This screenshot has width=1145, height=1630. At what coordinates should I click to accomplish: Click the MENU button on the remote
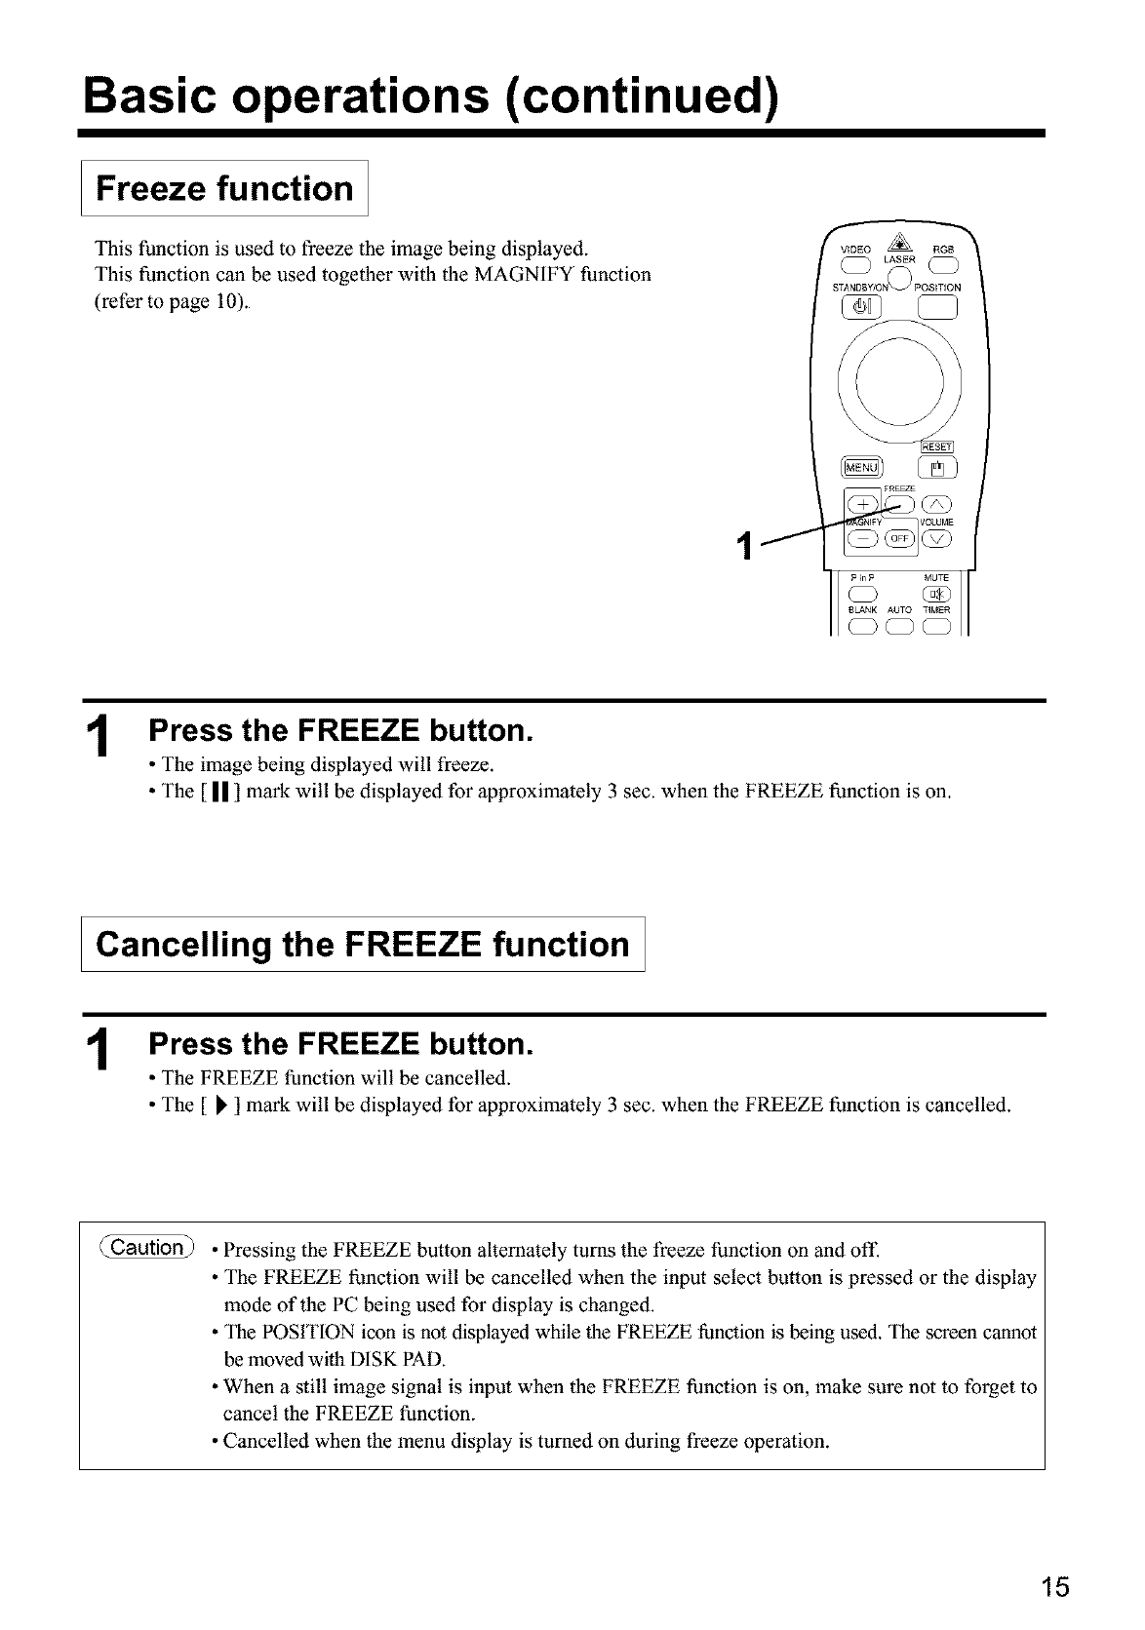(861, 466)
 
